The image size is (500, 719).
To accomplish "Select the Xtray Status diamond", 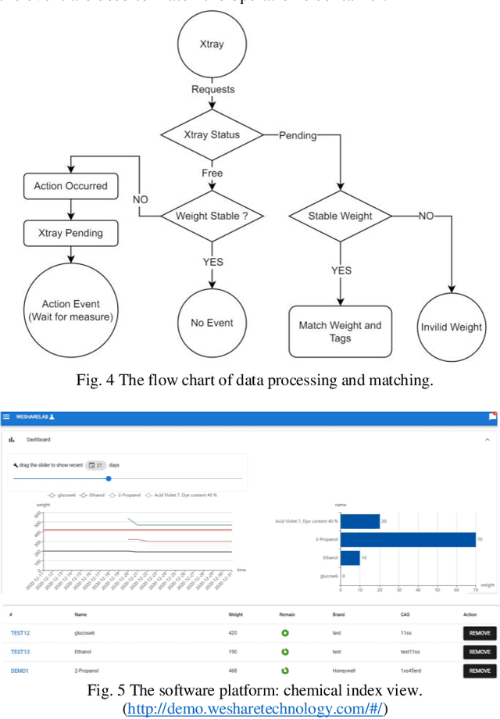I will click(212, 134).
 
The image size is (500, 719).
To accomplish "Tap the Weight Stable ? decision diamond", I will click(212, 216).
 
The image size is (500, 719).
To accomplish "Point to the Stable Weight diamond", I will click(341, 216).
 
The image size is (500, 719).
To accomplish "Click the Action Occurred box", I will click(70, 186).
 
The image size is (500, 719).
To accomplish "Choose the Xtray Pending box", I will click(70, 233).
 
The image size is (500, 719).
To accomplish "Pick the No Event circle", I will click(212, 322).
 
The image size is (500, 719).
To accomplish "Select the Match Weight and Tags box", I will click(341, 331).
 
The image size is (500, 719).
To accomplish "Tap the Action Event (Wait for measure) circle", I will click(71, 310).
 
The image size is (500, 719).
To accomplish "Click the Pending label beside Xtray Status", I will click(298, 135).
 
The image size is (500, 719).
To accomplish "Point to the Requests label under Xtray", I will click(212, 89).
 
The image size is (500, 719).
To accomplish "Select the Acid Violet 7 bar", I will click(360, 521).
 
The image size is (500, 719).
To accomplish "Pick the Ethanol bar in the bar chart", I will click(350, 558).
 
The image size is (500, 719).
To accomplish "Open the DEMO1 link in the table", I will click(20, 671).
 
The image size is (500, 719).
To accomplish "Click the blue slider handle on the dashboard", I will click(109, 478).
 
